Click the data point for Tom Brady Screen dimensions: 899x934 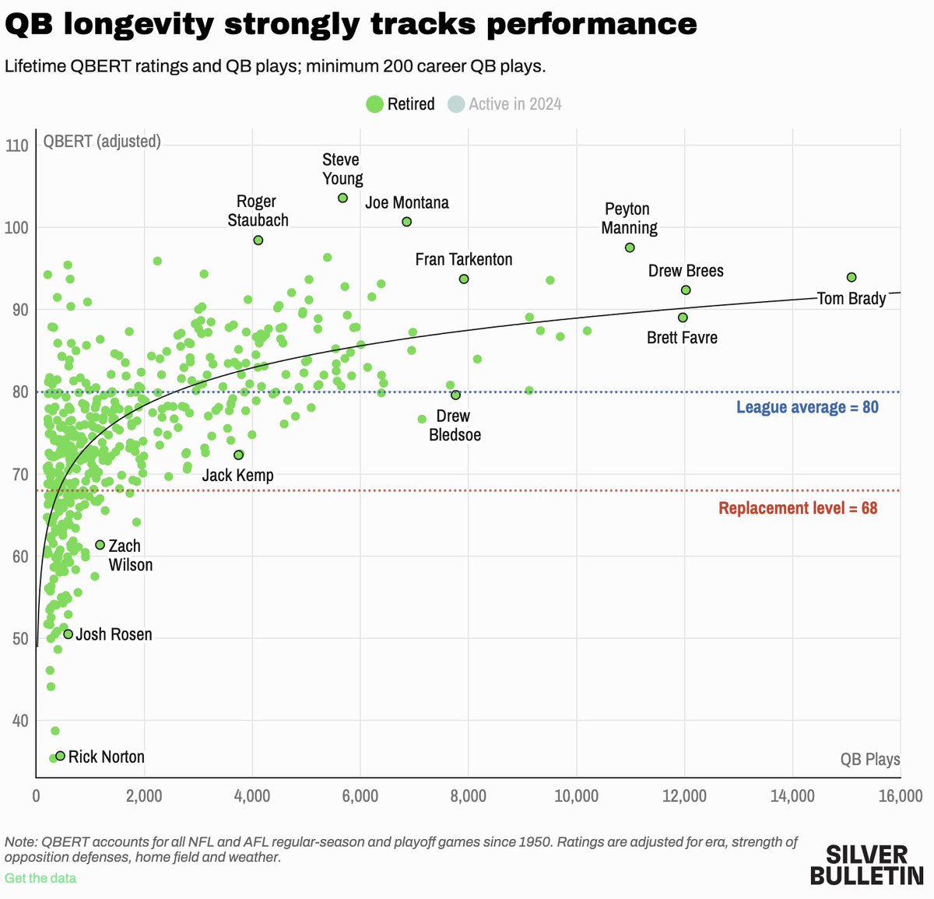tap(851, 278)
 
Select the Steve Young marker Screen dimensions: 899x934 tap(342, 198)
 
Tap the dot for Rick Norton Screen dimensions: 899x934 tap(60, 756)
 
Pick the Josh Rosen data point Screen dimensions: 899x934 tap(68, 634)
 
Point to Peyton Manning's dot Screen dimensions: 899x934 tap(630, 248)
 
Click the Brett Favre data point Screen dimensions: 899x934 tap(683, 318)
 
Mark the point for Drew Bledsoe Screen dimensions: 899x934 tap(455, 395)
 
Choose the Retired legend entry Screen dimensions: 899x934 tap(401, 104)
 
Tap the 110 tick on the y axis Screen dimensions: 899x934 tap(16, 146)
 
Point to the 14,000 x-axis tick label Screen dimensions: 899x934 tap(792, 796)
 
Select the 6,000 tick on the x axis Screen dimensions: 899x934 tap(360, 796)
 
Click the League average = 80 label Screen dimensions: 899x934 tap(807, 407)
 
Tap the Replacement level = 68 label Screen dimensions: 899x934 tap(798, 508)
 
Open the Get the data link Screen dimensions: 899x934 tap(40, 878)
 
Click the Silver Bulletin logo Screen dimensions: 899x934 tap(866, 864)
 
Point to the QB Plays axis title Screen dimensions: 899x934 tap(869, 759)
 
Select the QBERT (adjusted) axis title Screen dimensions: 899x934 tap(102, 142)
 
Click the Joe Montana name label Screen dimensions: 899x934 tap(407, 203)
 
